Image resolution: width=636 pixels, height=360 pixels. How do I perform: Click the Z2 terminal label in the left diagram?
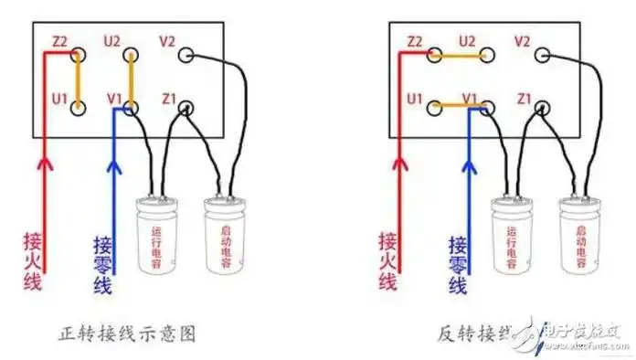pos(60,41)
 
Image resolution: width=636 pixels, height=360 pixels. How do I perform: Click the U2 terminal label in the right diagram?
pos(468,41)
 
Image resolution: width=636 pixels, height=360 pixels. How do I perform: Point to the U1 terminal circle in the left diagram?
pos(79,109)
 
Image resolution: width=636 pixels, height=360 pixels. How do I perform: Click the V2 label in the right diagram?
pos(523,41)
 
